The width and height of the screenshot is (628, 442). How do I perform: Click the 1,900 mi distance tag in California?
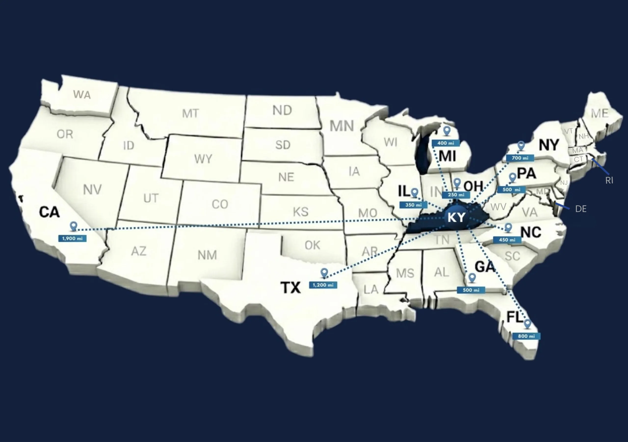click(72, 238)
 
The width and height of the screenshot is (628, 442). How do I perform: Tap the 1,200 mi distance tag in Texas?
click(323, 285)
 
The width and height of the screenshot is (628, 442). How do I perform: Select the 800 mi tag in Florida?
click(526, 336)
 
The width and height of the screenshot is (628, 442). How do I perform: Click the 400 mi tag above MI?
click(445, 143)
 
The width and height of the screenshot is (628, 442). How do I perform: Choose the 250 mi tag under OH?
click(456, 195)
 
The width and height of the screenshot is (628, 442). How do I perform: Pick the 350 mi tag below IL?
click(413, 205)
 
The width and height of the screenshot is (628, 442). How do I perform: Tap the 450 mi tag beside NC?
click(507, 240)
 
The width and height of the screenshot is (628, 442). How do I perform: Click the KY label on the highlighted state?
click(456, 218)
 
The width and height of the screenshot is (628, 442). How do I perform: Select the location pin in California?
click(73, 226)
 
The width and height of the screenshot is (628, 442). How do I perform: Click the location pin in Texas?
click(324, 273)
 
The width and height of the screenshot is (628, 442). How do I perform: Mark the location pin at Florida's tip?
click(527, 324)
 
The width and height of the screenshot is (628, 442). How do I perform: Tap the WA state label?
click(82, 95)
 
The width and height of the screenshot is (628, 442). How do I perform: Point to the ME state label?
click(600, 113)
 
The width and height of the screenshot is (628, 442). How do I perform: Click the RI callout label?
click(609, 181)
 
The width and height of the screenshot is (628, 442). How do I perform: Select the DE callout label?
click(581, 209)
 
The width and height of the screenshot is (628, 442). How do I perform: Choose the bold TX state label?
click(290, 287)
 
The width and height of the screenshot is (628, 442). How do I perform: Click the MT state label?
click(190, 114)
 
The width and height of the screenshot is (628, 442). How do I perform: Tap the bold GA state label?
click(485, 267)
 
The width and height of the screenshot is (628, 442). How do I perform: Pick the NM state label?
click(207, 255)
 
